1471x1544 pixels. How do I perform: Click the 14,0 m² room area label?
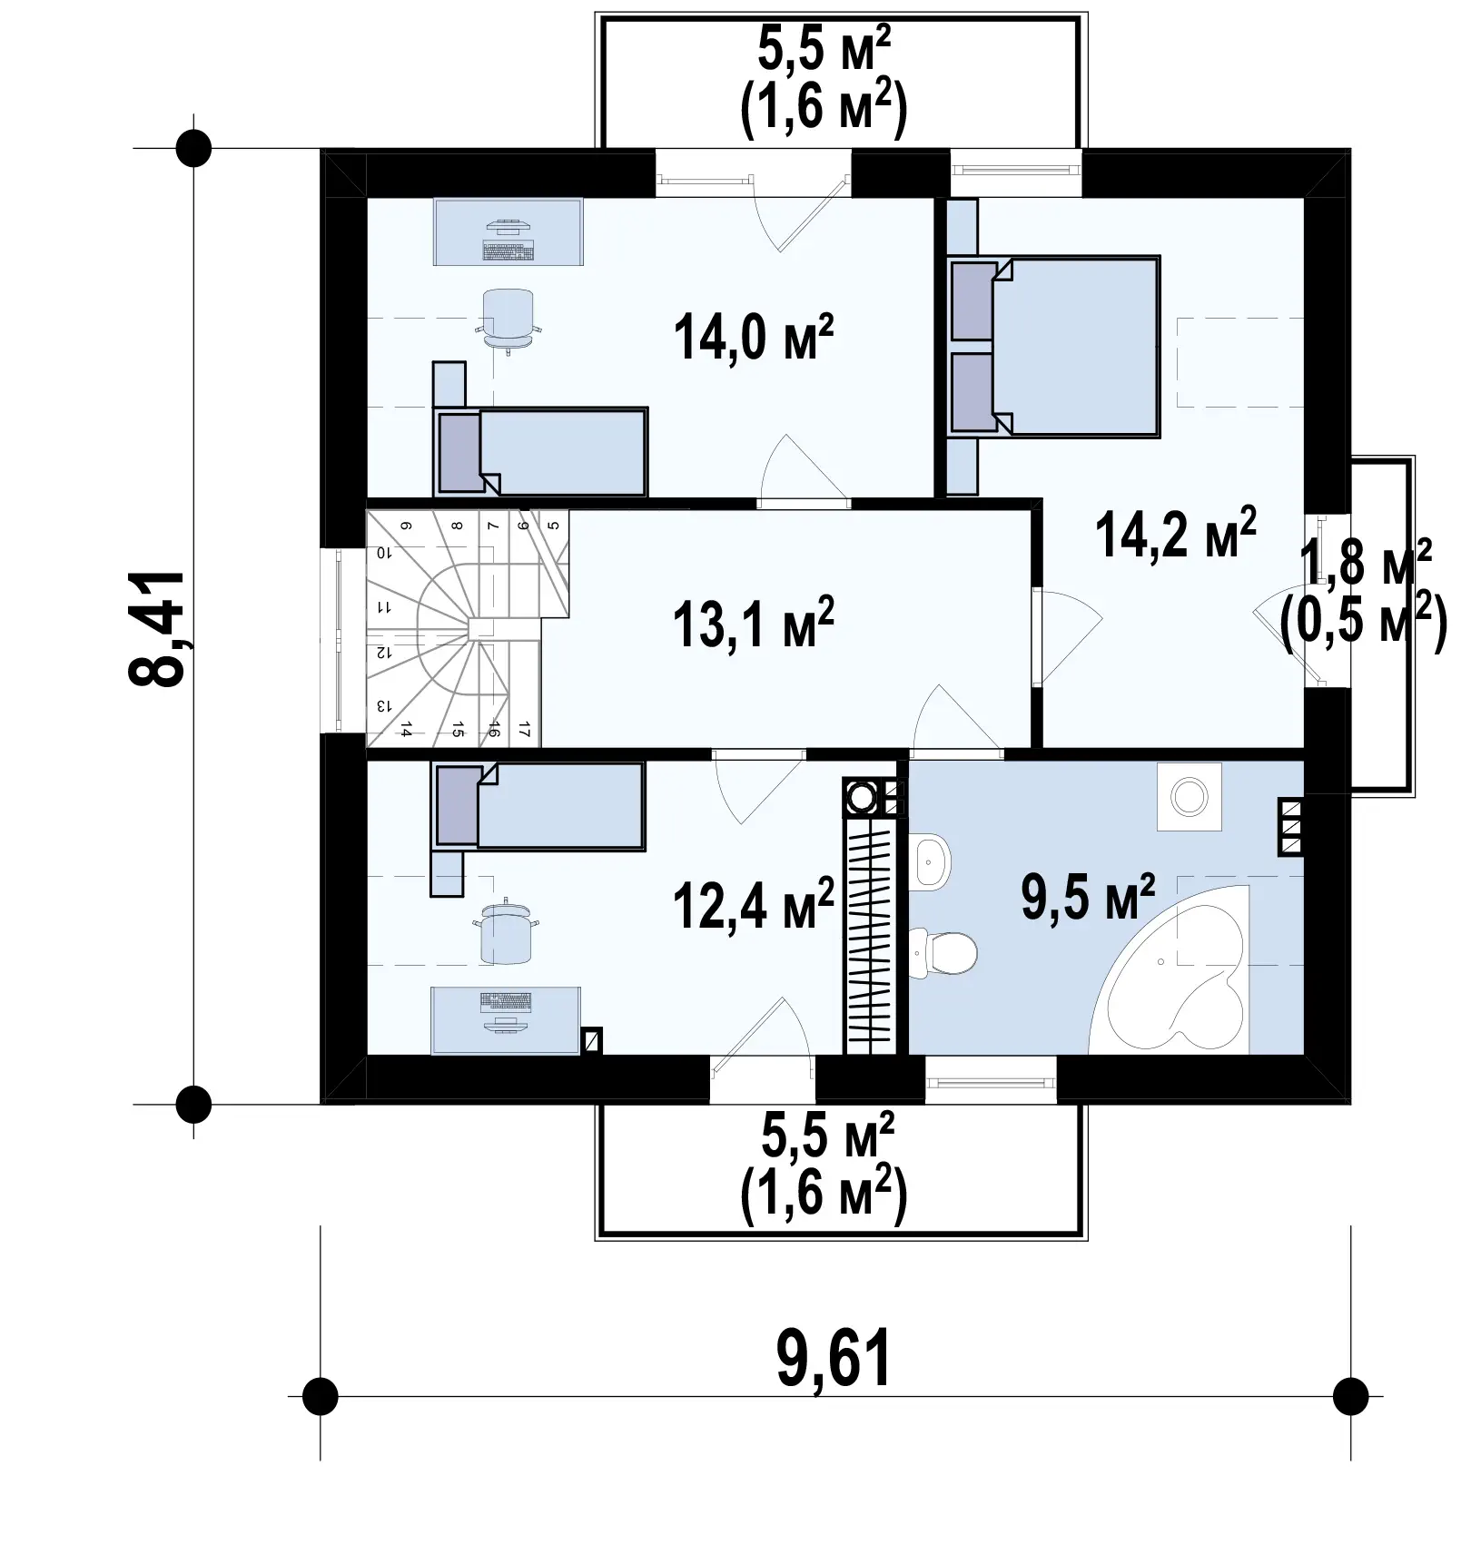click(753, 337)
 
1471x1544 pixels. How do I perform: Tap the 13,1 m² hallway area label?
click(753, 624)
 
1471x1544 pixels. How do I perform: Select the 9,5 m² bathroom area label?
click(1088, 897)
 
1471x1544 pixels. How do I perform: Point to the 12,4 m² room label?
click(753, 905)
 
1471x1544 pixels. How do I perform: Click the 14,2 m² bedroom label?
click(1176, 534)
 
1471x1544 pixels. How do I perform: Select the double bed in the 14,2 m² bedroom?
click(1054, 346)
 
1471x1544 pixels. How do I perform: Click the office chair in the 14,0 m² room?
click(508, 319)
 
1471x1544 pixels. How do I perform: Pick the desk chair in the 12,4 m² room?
click(508, 931)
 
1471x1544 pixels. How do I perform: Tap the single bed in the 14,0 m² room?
click(541, 451)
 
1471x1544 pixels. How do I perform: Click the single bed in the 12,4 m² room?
click(539, 806)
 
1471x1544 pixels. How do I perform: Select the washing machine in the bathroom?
click(1190, 797)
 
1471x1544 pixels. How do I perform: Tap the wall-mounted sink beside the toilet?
click(930, 861)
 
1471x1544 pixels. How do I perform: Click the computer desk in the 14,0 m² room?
click(508, 232)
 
